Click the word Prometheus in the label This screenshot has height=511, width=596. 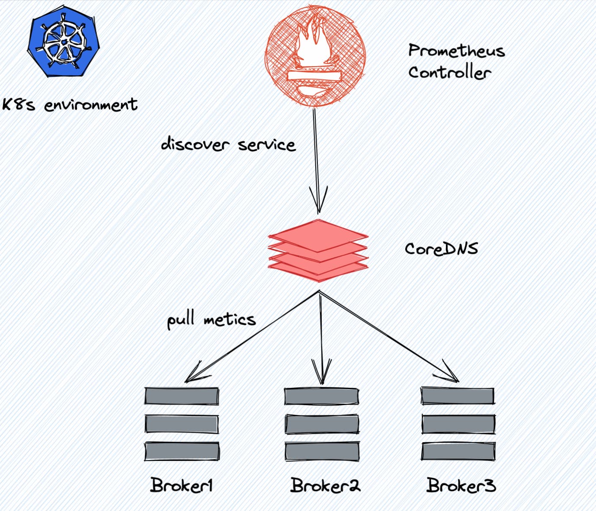456,51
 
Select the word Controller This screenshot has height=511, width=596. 449,72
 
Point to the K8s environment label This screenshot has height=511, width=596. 70,105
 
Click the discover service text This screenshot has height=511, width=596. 228,144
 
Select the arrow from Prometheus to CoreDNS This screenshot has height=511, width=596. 316,160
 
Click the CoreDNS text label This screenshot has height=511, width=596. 441,249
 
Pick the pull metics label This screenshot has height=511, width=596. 211,319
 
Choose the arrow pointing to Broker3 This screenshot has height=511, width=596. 389,337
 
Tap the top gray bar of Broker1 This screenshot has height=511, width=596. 182,396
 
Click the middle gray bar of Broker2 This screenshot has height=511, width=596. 321,424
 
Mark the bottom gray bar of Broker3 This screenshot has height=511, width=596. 458,451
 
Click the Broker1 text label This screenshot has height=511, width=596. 182,485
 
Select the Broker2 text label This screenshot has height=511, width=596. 325,485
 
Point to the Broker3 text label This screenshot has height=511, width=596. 461,485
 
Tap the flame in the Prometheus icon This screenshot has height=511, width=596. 312,43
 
